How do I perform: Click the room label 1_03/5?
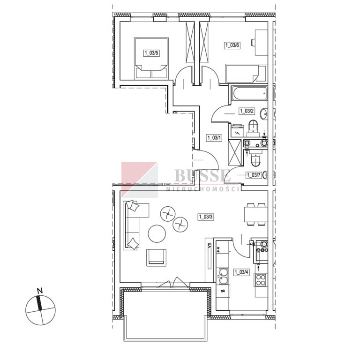pyautogui.click(x=151, y=53)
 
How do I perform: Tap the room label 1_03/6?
pyautogui.click(x=232, y=45)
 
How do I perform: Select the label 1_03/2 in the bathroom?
pyautogui.click(x=247, y=111)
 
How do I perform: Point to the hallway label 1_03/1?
pyautogui.click(x=214, y=138)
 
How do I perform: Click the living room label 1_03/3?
pyautogui.click(x=206, y=217)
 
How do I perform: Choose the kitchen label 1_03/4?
pyautogui.click(x=241, y=272)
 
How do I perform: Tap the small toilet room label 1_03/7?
pyautogui.click(x=254, y=175)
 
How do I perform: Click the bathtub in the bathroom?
pyautogui.click(x=249, y=93)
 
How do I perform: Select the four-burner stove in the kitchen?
pyautogui.click(x=261, y=280)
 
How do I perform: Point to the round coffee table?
pyautogui.click(x=157, y=233)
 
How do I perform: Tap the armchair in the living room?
pyautogui.click(x=157, y=257)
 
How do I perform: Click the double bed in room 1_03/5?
pyautogui.click(x=151, y=58)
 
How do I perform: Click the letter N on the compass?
pyautogui.click(x=40, y=291)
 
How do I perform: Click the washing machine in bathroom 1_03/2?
pyautogui.click(x=237, y=131)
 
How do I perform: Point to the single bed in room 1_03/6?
pyautogui.click(x=246, y=74)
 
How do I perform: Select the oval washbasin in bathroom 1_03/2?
pyautogui.click(x=264, y=114)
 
